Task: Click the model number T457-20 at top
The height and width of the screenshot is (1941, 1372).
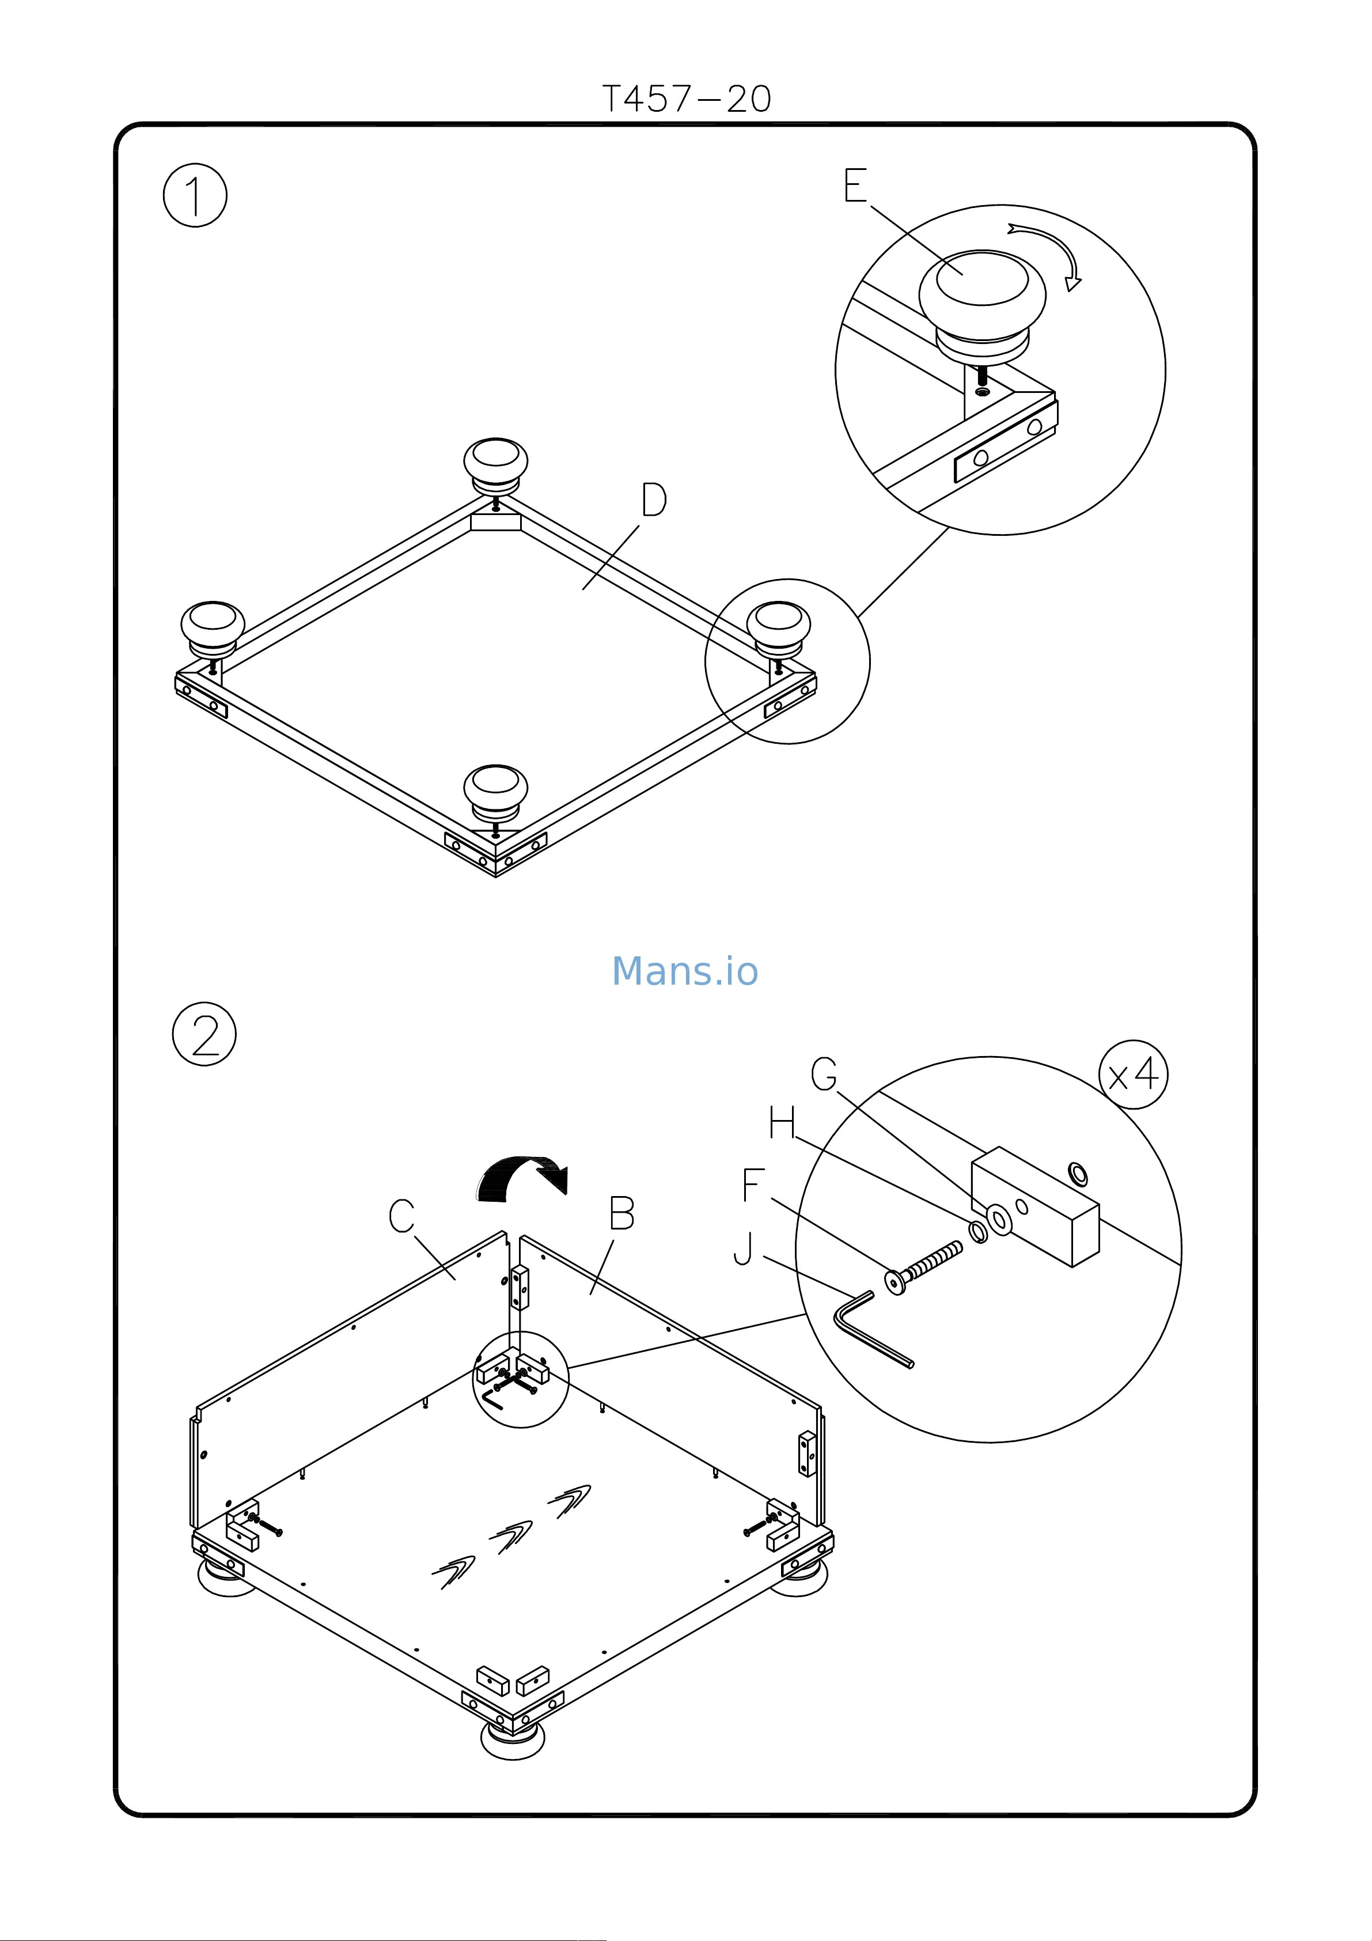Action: coord(685,100)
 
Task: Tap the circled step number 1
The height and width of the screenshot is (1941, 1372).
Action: coord(195,195)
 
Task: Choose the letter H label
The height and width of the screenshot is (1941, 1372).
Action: coord(782,1125)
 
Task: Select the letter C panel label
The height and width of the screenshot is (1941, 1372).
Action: coord(401,1216)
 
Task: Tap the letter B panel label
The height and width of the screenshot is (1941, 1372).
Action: coord(621,1214)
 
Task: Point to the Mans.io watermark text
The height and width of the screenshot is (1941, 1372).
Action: coord(685,971)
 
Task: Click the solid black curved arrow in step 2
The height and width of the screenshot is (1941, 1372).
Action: coord(520,1178)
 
